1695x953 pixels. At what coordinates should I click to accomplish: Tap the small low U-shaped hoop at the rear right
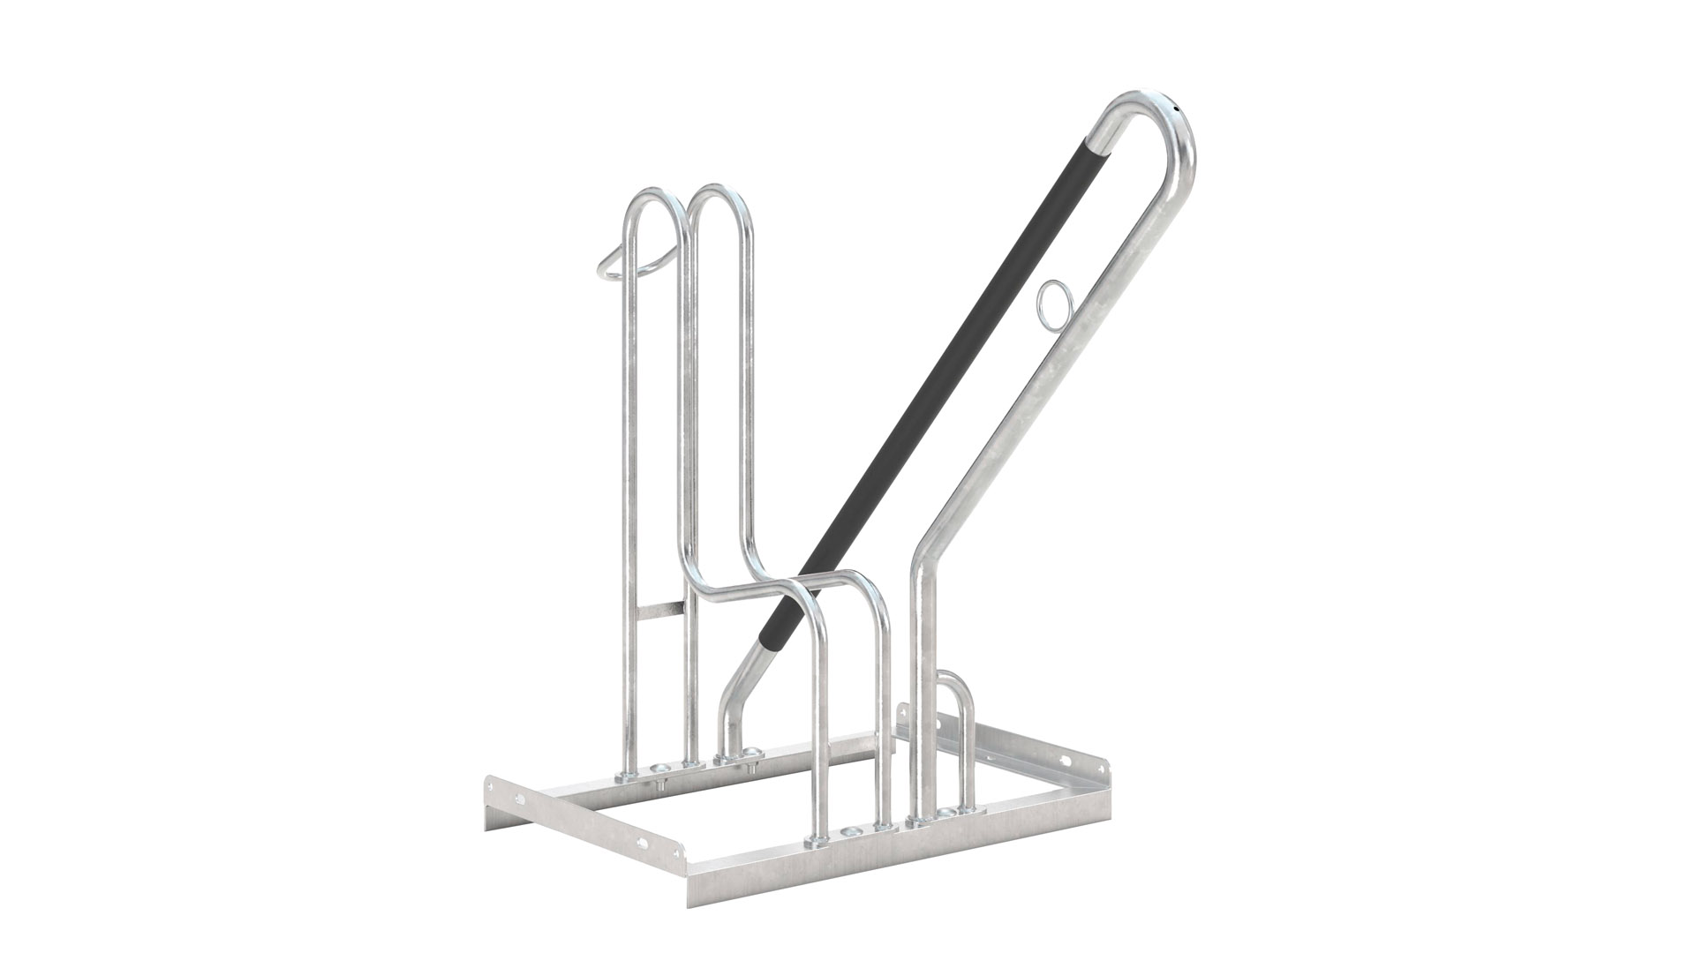(x=955, y=697)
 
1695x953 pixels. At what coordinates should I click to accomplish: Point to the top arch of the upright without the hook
(x=719, y=198)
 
